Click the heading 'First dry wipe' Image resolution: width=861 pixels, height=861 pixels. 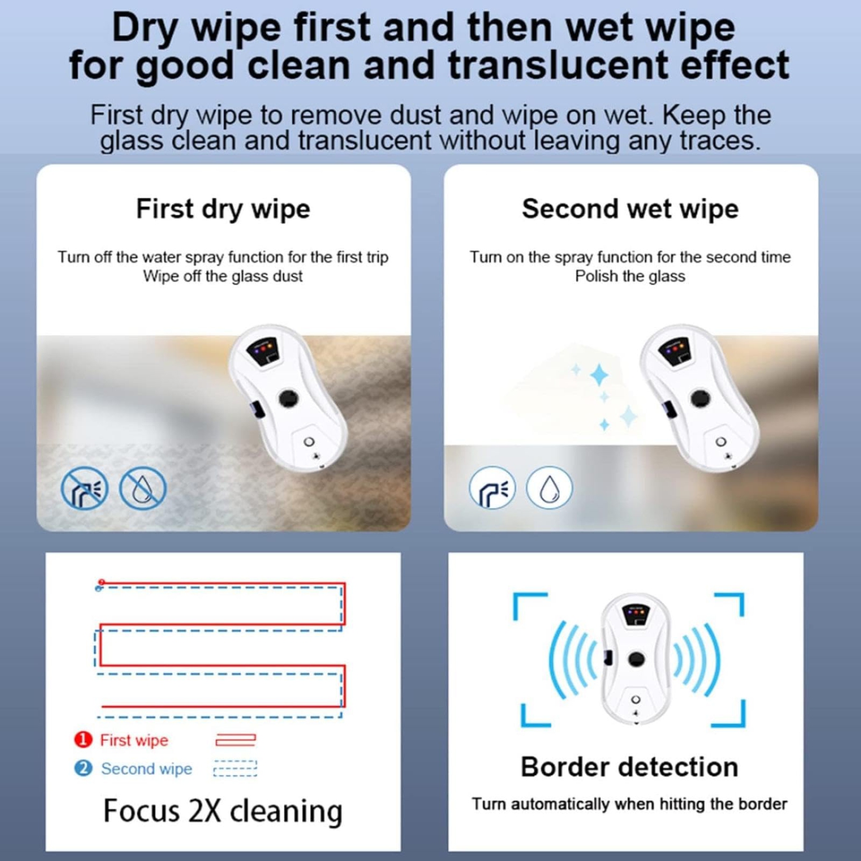[x=223, y=208]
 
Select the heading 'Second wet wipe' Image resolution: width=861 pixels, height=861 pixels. [x=630, y=208]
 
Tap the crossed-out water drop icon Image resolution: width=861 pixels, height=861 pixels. [x=142, y=488]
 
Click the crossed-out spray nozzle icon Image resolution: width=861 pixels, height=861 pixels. [x=84, y=488]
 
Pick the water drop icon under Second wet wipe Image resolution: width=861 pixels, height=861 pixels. [x=549, y=488]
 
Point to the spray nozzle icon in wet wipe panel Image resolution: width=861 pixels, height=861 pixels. [x=492, y=488]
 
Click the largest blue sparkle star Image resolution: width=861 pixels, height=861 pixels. [x=599, y=375]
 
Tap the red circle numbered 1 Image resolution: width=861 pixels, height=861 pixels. [x=83, y=739]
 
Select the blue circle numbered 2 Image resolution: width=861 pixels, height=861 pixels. [x=83, y=768]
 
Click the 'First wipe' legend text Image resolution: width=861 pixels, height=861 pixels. [x=134, y=740]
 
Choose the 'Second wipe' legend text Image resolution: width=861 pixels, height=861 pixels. [x=146, y=769]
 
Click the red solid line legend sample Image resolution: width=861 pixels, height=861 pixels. [x=235, y=740]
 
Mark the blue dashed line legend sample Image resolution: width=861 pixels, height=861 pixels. [x=235, y=768]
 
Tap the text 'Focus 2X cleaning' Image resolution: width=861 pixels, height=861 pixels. [x=223, y=811]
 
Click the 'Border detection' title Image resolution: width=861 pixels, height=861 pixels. [x=629, y=767]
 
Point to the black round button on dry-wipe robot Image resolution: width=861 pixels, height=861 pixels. [x=288, y=398]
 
